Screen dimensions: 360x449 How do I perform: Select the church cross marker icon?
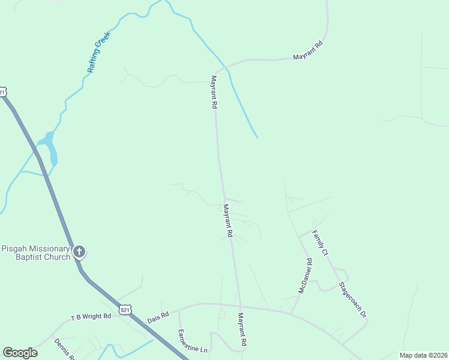79,253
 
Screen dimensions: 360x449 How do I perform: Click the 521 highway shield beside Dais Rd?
124,309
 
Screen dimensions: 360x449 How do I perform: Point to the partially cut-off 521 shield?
2,92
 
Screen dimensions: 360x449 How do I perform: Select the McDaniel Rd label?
306,276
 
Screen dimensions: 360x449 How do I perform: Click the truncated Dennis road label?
64,349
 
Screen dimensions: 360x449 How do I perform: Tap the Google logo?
20,353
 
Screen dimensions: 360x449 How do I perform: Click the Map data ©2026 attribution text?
423,355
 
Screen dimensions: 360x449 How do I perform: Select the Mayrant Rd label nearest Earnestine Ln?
243,329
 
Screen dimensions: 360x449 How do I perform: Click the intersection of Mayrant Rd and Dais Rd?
240,307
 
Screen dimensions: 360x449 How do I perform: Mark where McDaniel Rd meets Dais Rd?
291,313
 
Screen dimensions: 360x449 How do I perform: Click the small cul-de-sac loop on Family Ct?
315,224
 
